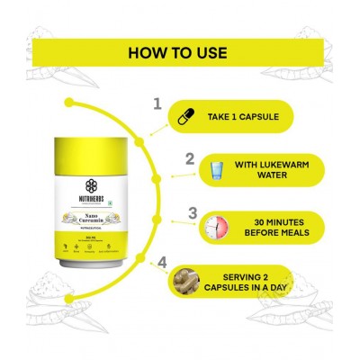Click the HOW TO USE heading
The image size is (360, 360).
(179, 51)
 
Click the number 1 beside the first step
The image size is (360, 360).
(157, 105)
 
